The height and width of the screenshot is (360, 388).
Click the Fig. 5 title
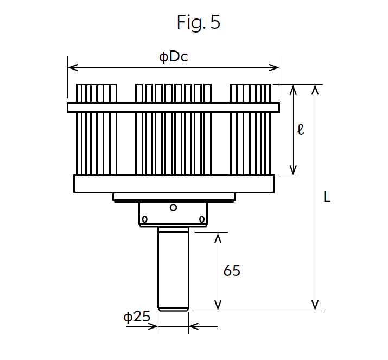click(x=199, y=22)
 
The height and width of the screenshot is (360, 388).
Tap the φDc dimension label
click(x=174, y=57)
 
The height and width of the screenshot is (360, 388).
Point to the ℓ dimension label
click(x=301, y=129)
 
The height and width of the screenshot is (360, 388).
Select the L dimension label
click(x=327, y=197)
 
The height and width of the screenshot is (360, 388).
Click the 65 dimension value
click(x=232, y=270)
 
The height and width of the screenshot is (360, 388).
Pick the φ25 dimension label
click(x=137, y=317)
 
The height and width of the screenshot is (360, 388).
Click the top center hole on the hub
click(x=173, y=207)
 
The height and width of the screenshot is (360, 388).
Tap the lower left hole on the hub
click(x=145, y=219)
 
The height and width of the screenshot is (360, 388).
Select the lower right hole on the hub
click(x=202, y=219)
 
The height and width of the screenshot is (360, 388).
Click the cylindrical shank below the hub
click(x=173, y=269)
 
